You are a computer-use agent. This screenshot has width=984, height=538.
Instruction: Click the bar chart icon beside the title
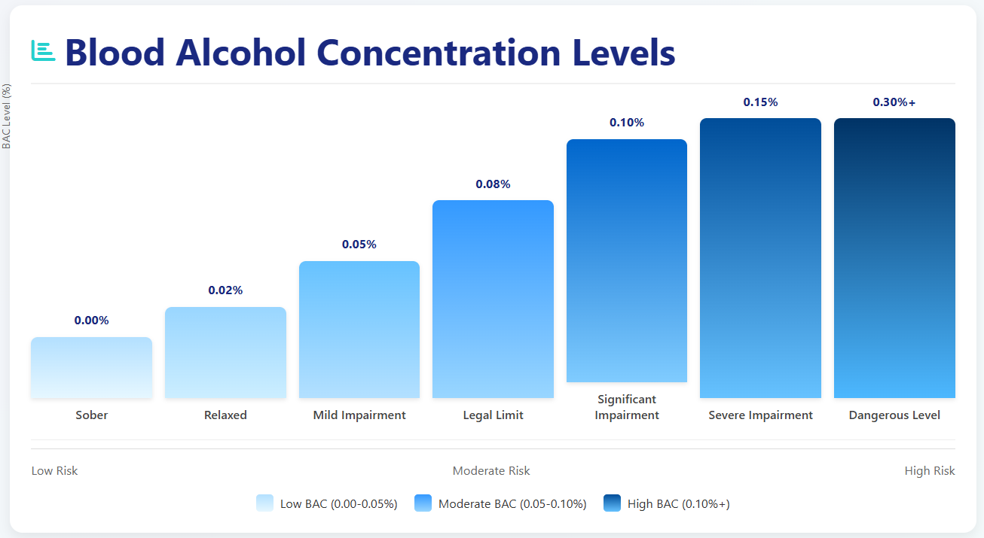click(x=43, y=50)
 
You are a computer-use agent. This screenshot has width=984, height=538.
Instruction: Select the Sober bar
click(x=91, y=367)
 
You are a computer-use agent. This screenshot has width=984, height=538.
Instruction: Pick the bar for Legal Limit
click(x=493, y=299)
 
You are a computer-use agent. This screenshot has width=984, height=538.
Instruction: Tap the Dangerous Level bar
click(x=894, y=258)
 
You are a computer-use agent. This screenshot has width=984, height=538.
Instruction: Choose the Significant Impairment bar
click(x=627, y=260)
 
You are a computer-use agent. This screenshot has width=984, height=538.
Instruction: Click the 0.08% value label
click(x=493, y=184)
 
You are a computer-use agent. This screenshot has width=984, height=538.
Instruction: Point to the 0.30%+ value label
click(x=894, y=102)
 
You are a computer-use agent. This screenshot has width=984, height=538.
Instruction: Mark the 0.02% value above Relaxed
click(x=225, y=290)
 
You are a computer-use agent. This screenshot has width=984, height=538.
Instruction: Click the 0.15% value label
click(x=760, y=102)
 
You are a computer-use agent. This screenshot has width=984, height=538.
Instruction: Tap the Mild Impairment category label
click(x=359, y=415)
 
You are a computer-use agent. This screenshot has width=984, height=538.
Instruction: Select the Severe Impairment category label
click(x=760, y=415)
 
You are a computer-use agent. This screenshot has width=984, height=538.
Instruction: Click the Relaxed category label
click(x=225, y=415)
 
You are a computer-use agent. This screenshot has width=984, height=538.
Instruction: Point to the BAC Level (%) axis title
click(x=7, y=116)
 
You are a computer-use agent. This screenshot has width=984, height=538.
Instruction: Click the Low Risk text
click(x=54, y=471)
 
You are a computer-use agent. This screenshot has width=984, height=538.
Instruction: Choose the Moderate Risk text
click(x=491, y=471)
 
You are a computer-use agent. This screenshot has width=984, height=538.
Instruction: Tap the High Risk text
click(x=929, y=471)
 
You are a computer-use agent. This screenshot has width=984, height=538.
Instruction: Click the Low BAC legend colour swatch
click(x=264, y=503)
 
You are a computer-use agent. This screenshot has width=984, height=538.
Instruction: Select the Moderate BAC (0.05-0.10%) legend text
click(x=512, y=504)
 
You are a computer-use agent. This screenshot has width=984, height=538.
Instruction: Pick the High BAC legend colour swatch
click(x=612, y=503)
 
